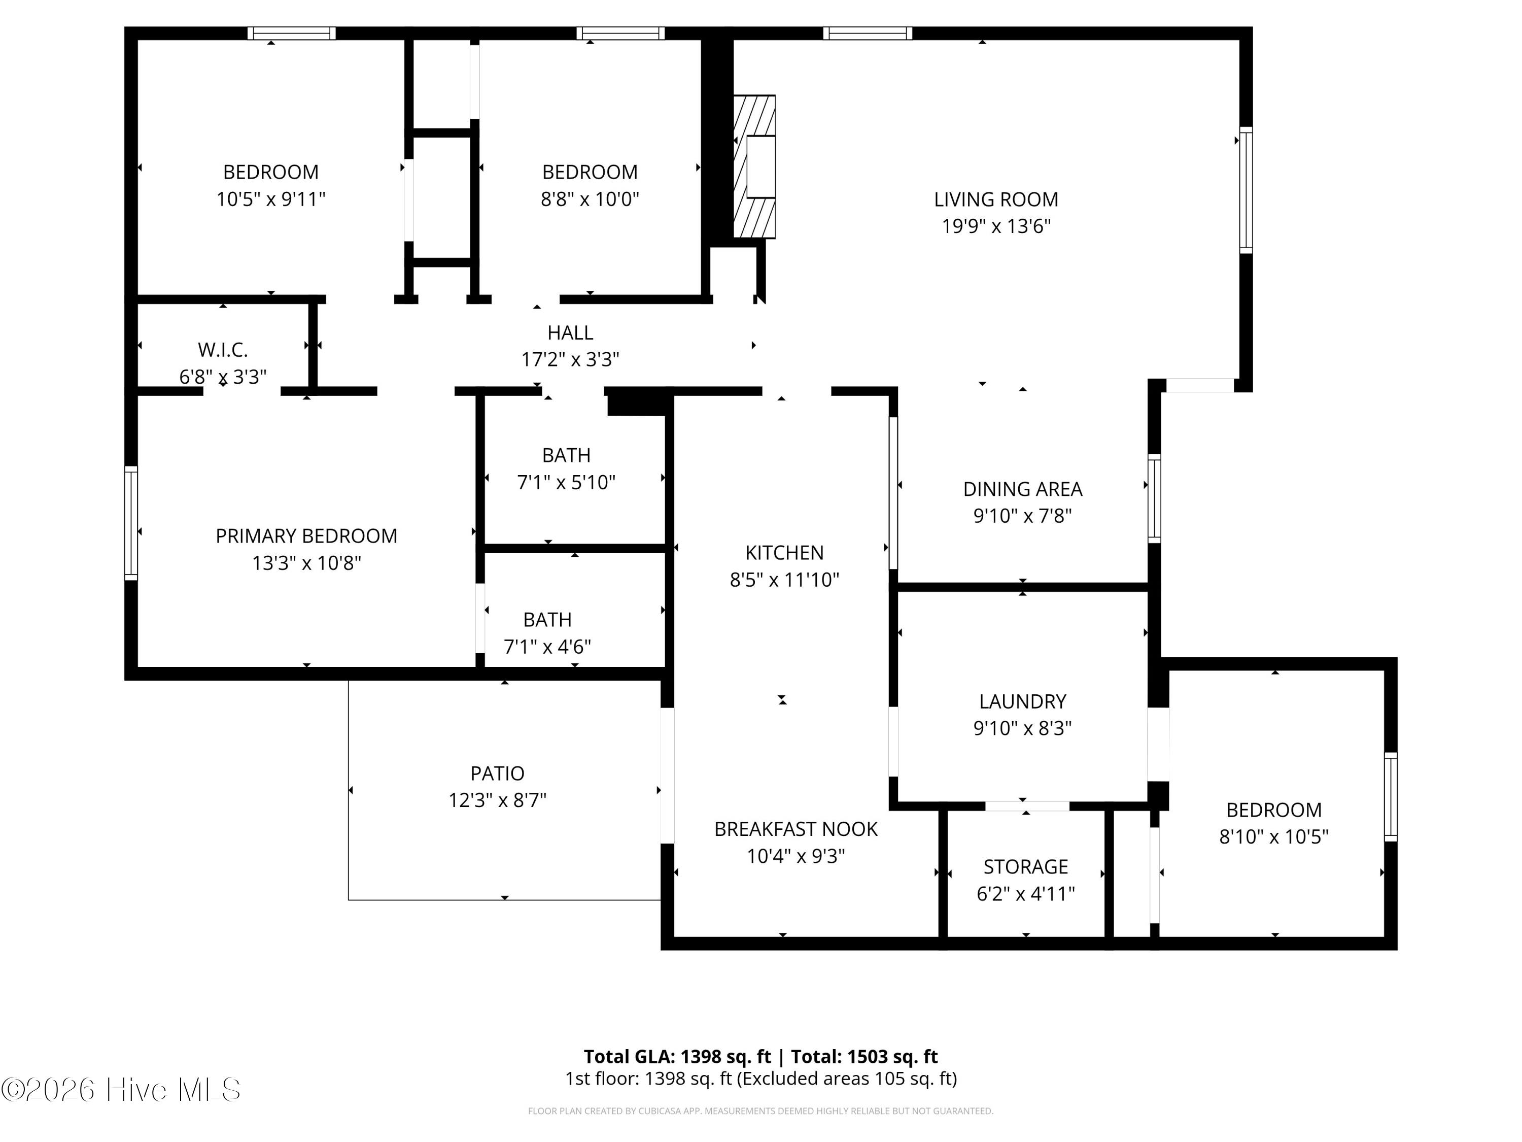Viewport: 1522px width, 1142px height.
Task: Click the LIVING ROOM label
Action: coord(995,199)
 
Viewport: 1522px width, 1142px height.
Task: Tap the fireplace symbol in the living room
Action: coord(754,166)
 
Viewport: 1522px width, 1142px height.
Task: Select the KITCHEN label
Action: coord(784,553)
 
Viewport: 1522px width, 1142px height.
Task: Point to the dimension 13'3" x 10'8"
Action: coord(306,563)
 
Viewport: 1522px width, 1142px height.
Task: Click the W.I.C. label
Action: coord(223,350)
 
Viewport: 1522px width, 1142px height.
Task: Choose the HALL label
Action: coord(570,332)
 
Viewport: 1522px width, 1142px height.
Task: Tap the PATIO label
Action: coord(498,774)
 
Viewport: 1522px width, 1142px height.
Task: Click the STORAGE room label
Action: coord(1026,867)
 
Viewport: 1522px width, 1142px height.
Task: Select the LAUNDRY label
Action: coord(1022,701)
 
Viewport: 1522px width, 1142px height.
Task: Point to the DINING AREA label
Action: coord(1022,489)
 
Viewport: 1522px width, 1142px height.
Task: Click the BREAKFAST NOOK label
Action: coord(796,829)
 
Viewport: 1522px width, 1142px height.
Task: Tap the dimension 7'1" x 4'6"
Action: coord(548,647)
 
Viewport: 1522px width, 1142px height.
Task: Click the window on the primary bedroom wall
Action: coord(131,523)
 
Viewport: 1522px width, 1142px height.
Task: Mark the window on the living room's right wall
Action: coord(1246,190)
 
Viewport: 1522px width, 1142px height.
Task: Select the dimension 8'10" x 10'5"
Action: coord(1273,836)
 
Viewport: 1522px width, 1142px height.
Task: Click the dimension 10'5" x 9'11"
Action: coord(271,199)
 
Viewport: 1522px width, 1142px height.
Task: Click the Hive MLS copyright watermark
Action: coord(121,1089)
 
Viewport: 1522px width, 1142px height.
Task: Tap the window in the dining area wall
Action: coord(1155,498)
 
